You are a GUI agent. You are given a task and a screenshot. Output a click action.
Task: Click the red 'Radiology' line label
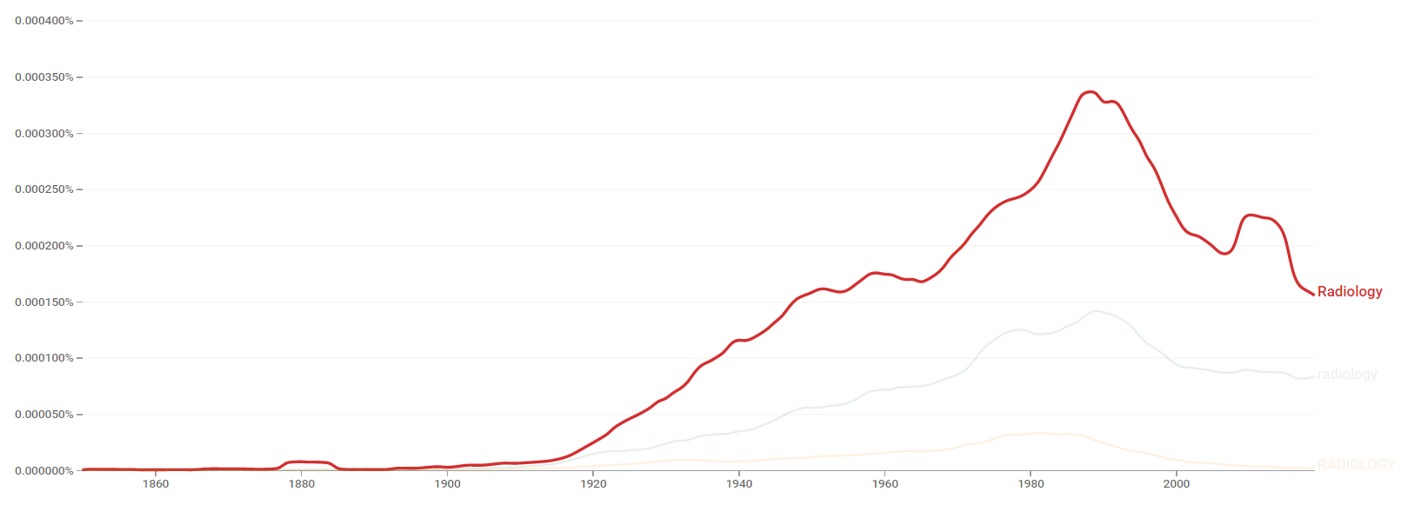[1349, 292]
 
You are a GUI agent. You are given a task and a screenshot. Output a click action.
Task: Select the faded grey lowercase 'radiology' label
[1347, 375]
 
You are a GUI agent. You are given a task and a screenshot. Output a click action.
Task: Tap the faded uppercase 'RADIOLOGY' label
[1356, 465]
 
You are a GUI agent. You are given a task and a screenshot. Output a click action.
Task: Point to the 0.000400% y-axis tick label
[44, 21]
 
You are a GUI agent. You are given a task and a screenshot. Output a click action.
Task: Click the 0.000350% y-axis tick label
[44, 77]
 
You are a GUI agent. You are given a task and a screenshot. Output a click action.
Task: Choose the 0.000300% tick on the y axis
[44, 134]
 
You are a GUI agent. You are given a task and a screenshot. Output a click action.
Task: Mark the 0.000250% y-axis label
[44, 189]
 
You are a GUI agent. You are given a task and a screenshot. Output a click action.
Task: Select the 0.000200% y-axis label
[44, 246]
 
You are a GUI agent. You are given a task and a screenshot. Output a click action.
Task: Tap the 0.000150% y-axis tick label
[44, 302]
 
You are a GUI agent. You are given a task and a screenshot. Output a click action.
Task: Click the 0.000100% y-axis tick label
[44, 358]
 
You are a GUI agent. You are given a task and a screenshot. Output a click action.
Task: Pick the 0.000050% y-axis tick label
[44, 415]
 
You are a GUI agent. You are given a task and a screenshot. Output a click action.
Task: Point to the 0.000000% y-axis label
[44, 471]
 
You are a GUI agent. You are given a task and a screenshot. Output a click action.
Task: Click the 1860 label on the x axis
[156, 484]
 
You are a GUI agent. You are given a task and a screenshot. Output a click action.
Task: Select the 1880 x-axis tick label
[302, 484]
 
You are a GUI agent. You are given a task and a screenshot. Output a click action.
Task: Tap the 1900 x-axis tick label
[447, 484]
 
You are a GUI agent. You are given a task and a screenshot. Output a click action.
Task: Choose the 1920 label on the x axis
[593, 484]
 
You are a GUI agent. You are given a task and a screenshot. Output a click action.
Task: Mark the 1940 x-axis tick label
[739, 484]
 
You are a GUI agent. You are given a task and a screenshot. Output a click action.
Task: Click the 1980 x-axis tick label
[1030, 484]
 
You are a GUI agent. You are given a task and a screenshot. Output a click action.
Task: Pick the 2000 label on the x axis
[1177, 484]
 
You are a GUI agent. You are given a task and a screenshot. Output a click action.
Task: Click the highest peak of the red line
[1090, 91]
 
